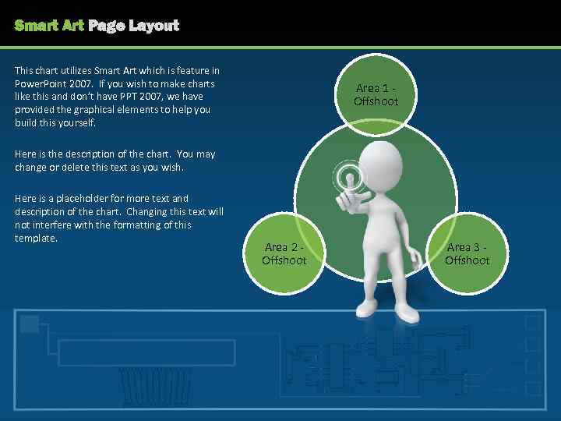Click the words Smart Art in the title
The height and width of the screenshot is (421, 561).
pyautogui.click(x=49, y=26)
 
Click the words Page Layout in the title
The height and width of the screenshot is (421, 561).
pyautogui.click(x=133, y=26)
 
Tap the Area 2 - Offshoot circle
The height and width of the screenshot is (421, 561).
pyautogui.click(x=284, y=253)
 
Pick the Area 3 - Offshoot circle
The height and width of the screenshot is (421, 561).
pyautogui.click(x=467, y=253)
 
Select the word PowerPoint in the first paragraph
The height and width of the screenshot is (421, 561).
pyautogui.click(x=39, y=83)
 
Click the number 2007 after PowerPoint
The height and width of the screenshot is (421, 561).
pyautogui.click(x=79, y=83)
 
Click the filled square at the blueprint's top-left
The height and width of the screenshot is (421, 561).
pyautogui.click(x=30, y=324)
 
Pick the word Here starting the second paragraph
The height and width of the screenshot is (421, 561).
pyautogui.click(x=25, y=154)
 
